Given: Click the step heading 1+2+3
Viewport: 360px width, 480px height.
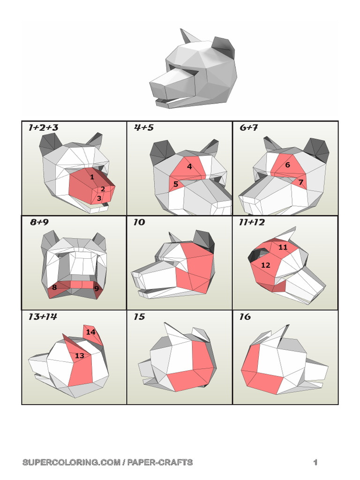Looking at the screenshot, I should pyautogui.click(x=43, y=127).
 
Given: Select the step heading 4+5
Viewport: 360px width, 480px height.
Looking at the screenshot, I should pyautogui.click(x=144, y=127).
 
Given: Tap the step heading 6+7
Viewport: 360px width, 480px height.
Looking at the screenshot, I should pyautogui.click(x=249, y=127).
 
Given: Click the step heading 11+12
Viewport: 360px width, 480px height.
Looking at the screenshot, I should pyautogui.click(x=252, y=222).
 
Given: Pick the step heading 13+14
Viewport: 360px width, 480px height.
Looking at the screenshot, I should pyautogui.click(x=42, y=317).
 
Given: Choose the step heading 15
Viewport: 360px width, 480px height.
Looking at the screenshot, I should pyautogui.click(x=139, y=317).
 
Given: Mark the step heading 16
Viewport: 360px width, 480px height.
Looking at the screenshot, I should pyautogui.click(x=245, y=317).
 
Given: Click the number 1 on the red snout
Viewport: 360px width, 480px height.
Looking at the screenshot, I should pyautogui.click(x=92, y=177).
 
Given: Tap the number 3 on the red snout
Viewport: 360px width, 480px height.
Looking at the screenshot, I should pyautogui.click(x=99, y=198).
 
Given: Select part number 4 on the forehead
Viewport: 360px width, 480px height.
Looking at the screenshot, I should pyautogui.click(x=189, y=166).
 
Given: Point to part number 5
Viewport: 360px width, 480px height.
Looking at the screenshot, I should pyautogui.click(x=176, y=184).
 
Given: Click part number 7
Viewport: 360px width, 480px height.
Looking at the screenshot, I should pyautogui.click(x=301, y=182).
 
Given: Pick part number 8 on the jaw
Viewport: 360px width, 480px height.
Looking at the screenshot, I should pyautogui.click(x=54, y=287).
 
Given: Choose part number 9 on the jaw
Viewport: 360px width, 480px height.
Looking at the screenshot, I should pyautogui.click(x=97, y=289).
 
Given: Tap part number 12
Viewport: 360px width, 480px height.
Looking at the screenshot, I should pyautogui.click(x=266, y=265).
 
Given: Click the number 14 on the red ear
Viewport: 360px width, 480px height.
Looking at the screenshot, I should pyautogui.click(x=90, y=332).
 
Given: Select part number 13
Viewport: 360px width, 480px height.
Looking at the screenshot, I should pyautogui.click(x=80, y=356).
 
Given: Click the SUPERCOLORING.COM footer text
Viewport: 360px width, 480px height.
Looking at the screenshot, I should pyautogui.click(x=107, y=462).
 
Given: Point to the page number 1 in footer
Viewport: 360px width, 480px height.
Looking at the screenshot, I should pyautogui.click(x=315, y=462).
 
